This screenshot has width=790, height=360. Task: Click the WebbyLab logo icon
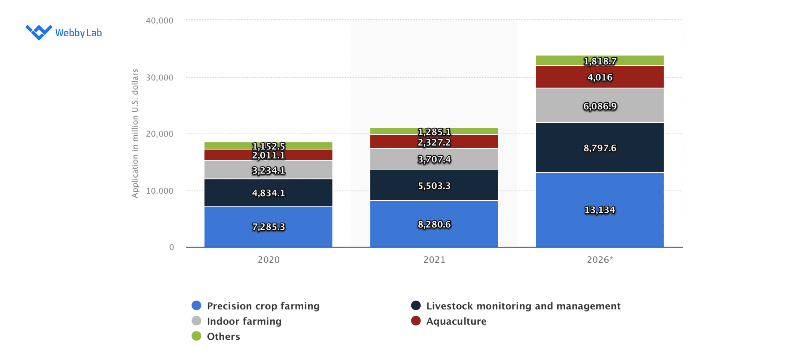tap(39, 32)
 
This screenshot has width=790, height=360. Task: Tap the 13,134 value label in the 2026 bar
tap(600, 210)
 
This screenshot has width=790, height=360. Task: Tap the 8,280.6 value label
tap(434, 225)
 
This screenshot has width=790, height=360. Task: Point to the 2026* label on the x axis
tap(600, 260)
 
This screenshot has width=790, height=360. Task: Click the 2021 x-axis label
tap(434, 260)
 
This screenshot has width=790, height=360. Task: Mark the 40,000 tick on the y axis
tap(160, 21)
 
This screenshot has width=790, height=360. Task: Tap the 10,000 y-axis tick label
tap(160, 191)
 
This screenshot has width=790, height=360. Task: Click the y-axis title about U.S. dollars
tap(135, 133)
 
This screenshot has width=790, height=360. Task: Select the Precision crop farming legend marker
tap(197, 306)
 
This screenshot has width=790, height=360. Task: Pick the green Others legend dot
tap(197, 336)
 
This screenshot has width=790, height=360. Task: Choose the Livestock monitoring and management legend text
tap(523, 306)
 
